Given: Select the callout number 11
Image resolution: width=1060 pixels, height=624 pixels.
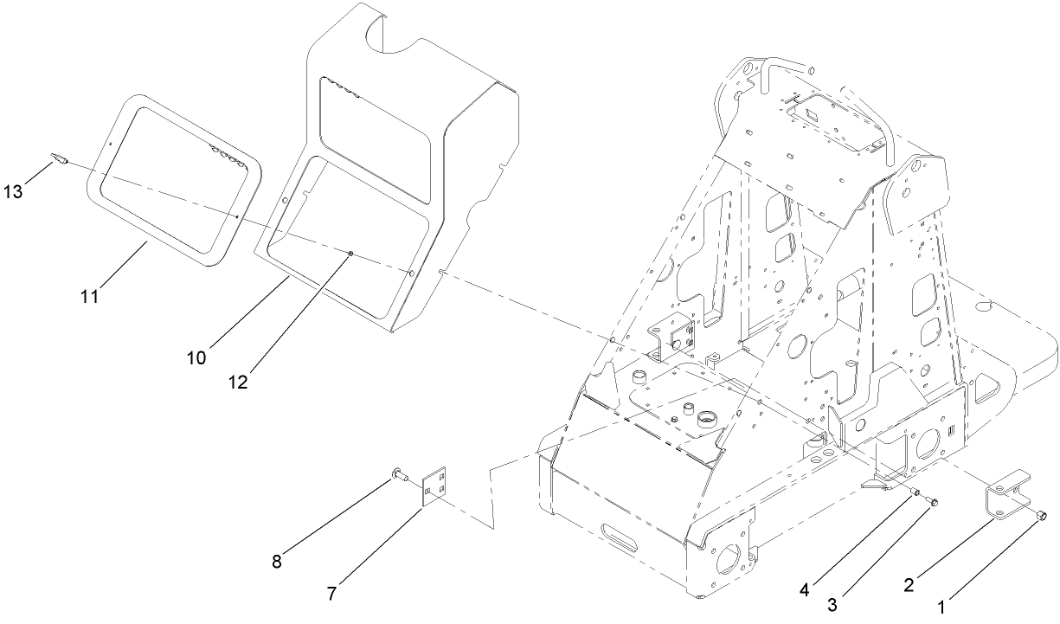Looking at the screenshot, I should [91, 296].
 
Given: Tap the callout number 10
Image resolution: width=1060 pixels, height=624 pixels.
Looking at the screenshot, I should [196, 357].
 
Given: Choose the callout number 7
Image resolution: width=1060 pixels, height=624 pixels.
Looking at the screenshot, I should [332, 594].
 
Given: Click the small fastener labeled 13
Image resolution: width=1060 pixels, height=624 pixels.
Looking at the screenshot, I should [61, 159].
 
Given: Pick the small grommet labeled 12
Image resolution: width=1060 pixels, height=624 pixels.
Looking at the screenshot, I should [350, 254].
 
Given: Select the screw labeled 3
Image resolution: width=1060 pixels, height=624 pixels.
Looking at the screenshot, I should [931, 500].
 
